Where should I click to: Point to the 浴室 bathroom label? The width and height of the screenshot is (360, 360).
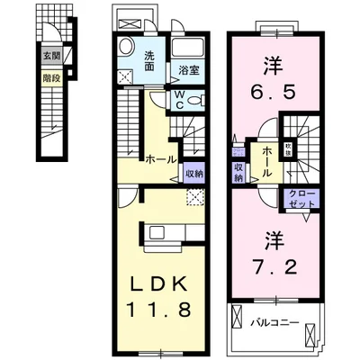point(187,68)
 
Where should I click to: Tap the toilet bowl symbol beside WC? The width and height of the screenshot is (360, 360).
point(199,98)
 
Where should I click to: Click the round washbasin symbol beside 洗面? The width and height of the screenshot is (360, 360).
point(127,48)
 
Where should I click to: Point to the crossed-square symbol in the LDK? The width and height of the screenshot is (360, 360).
point(194,197)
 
